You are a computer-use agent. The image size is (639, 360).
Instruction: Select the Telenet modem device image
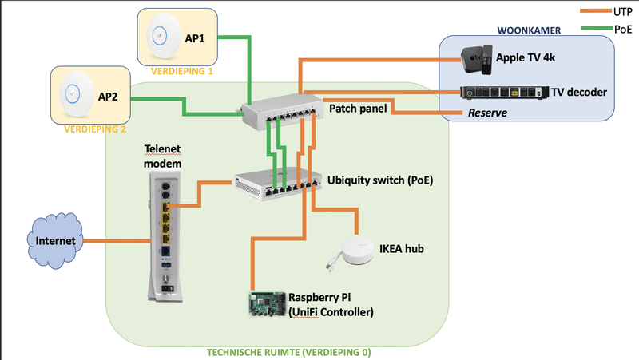click(166, 235)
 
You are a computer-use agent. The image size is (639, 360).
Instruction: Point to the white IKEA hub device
click(356, 249)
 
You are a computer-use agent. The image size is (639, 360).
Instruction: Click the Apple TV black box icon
click(474, 58)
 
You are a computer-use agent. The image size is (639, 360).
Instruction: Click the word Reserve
click(487, 113)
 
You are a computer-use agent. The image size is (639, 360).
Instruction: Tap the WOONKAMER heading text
click(529, 30)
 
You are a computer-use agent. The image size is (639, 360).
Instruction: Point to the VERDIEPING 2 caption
click(96, 128)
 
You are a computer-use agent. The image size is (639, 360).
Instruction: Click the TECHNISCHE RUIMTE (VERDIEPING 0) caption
click(289, 351)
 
